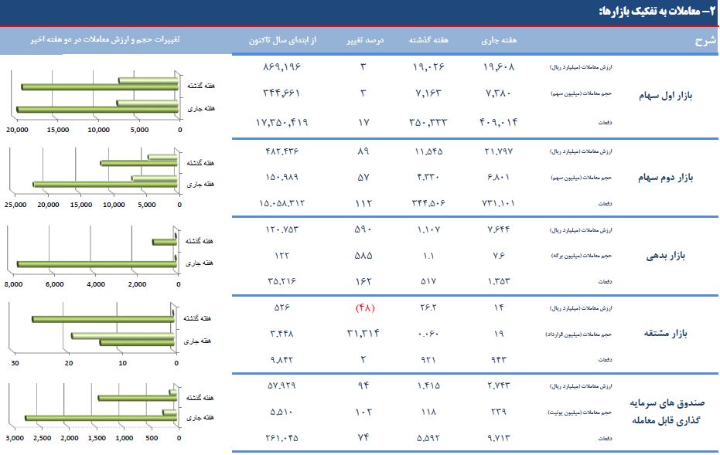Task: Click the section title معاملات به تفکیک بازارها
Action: click(x=653, y=11)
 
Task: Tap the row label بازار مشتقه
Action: click(x=666, y=334)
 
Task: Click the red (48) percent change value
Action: click(x=364, y=308)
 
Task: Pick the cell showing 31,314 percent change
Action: click(x=363, y=334)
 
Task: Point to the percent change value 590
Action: click(x=363, y=229)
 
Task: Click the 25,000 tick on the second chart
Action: click(x=16, y=205)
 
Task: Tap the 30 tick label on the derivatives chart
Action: click(x=15, y=363)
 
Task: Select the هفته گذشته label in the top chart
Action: click(x=200, y=85)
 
